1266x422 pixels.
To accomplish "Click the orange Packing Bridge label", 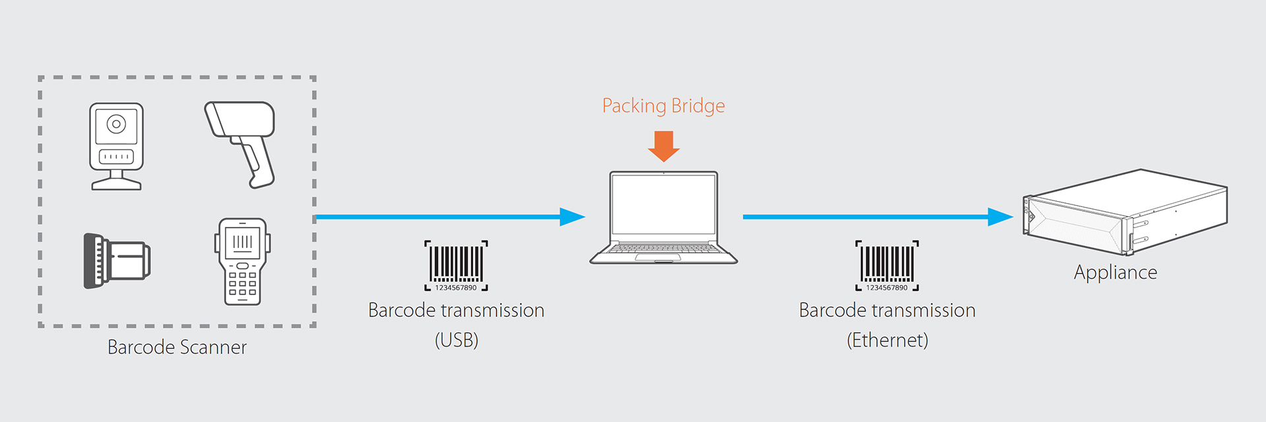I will (663, 106).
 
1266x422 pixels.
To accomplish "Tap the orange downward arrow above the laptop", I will (663, 146).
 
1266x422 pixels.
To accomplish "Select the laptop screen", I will (663, 204).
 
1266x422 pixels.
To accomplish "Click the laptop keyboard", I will (663, 249).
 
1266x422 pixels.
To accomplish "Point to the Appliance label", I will (1115, 272).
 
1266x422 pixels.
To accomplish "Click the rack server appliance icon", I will (1124, 212).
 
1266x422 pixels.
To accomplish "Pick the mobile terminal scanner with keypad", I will (242, 261).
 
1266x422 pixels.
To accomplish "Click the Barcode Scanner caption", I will (177, 347).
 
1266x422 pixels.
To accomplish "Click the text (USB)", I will (456, 340).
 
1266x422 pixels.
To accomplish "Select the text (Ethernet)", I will (887, 340).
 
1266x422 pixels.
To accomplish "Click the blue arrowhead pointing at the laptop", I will (571, 217).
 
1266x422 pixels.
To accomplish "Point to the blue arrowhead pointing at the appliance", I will (999, 217).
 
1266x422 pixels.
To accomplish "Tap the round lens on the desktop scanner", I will (117, 124).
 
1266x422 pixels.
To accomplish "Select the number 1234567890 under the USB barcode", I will (456, 288).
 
